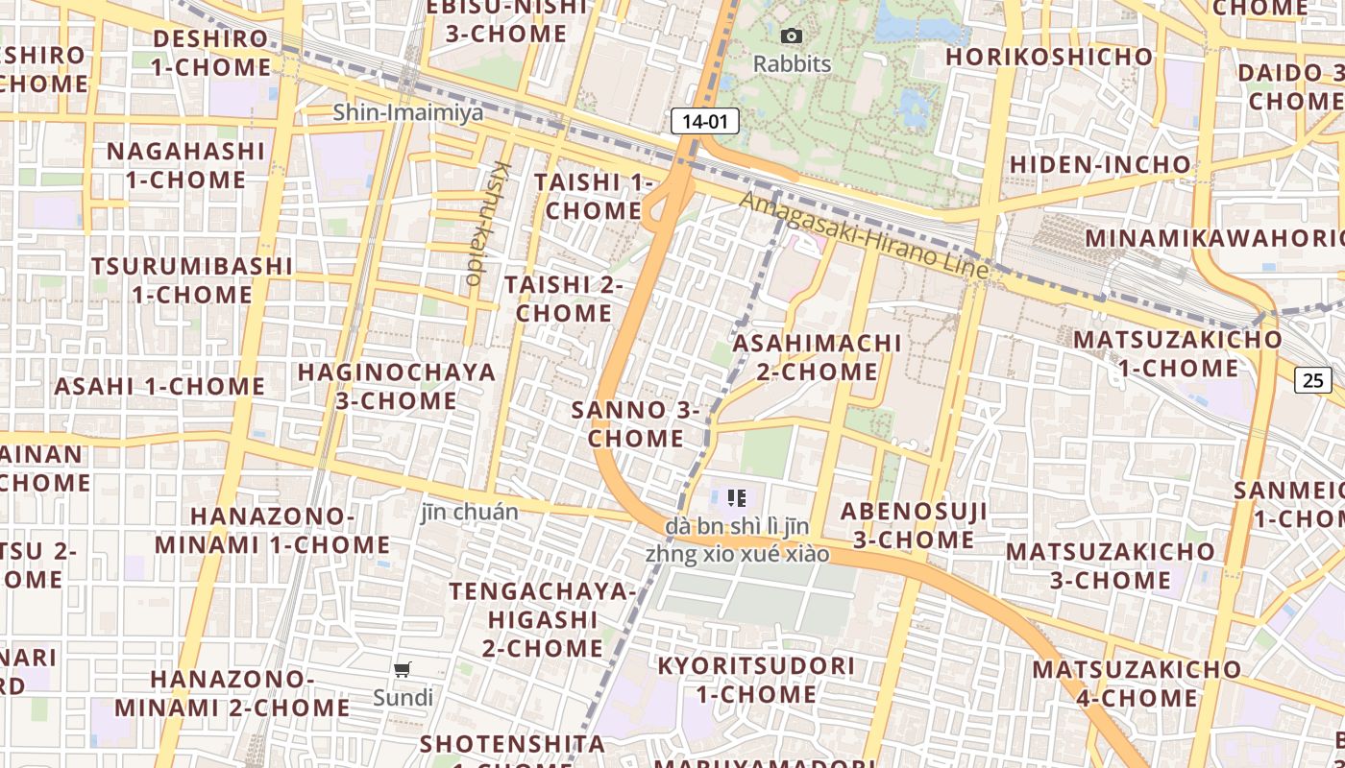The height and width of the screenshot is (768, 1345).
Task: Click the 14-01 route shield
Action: (x=705, y=121)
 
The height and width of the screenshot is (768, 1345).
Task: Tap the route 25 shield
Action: (x=1312, y=380)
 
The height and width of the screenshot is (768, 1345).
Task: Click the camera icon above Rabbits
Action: (x=792, y=36)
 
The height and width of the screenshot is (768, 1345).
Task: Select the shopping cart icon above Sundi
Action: (x=403, y=670)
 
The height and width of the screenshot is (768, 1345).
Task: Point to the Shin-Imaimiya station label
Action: (x=408, y=112)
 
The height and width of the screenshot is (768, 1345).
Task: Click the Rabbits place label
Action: (x=792, y=64)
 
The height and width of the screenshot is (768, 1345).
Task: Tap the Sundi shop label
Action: (x=403, y=698)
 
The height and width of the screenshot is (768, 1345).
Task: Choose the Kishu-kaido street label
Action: (x=487, y=223)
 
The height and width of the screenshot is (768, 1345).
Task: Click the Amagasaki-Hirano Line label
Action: (x=864, y=236)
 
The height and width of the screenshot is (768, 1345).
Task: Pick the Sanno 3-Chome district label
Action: (x=636, y=424)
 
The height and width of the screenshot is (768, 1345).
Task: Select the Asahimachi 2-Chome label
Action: (x=817, y=357)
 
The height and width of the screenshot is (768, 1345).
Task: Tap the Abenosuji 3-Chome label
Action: (x=914, y=525)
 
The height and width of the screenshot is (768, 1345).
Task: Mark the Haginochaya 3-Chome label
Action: (x=396, y=386)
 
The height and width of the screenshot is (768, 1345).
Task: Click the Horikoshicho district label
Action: (x=1049, y=57)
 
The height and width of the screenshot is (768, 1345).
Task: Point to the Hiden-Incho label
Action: (x=1101, y=164)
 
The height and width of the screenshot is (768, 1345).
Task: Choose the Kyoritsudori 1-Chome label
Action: (x=756, y=680)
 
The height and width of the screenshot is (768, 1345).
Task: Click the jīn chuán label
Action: (x=470, y=513)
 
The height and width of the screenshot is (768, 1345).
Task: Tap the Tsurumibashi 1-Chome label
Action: (x=192, y=279)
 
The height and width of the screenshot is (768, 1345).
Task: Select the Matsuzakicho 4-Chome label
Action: (x=1137, y=683)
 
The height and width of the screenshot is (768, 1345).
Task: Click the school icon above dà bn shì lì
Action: (x=737, y=497)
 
